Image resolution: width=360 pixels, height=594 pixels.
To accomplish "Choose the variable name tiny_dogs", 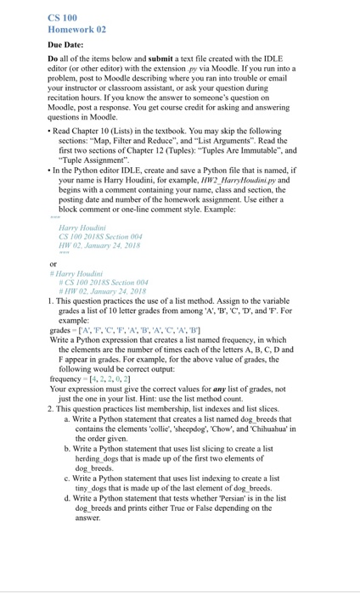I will tap(93, 488).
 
